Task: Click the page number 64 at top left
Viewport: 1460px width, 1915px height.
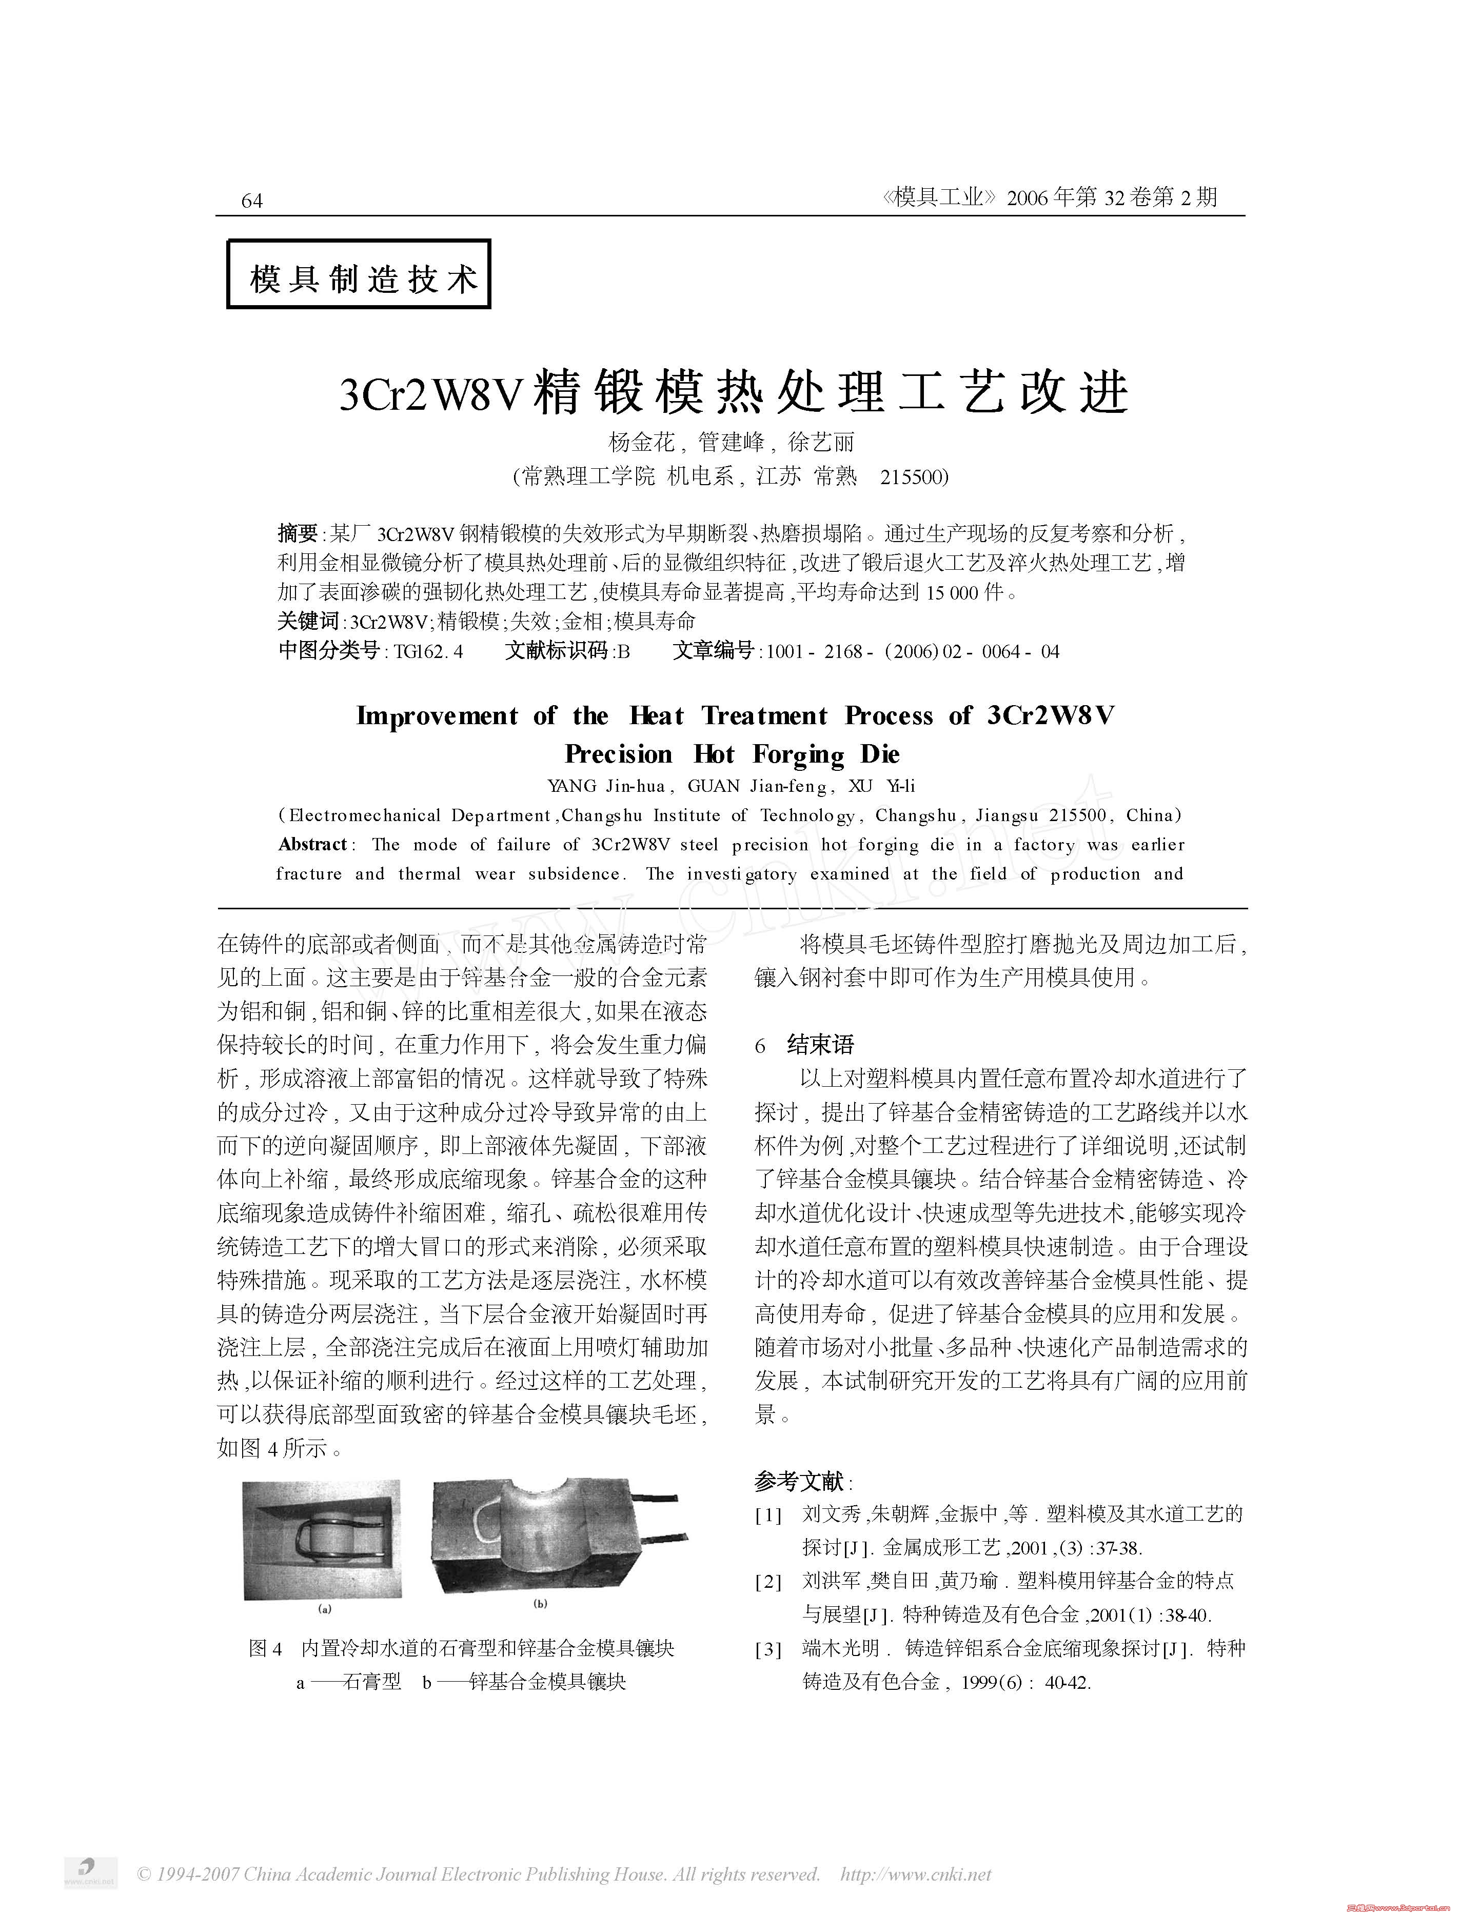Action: [251, 201]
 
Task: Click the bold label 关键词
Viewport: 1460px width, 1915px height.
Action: [308, 621]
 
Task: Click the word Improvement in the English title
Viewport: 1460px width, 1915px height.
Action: [437, 716]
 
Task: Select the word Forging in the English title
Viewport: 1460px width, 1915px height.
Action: [798, 754]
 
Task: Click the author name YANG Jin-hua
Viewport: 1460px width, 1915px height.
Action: [606, 786]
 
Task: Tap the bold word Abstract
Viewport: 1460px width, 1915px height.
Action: [313, 845]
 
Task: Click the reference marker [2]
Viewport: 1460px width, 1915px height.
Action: [769, 1581]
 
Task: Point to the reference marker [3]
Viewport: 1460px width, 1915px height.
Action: [769, 1648]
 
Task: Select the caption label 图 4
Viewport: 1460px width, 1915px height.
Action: [266, 1648]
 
